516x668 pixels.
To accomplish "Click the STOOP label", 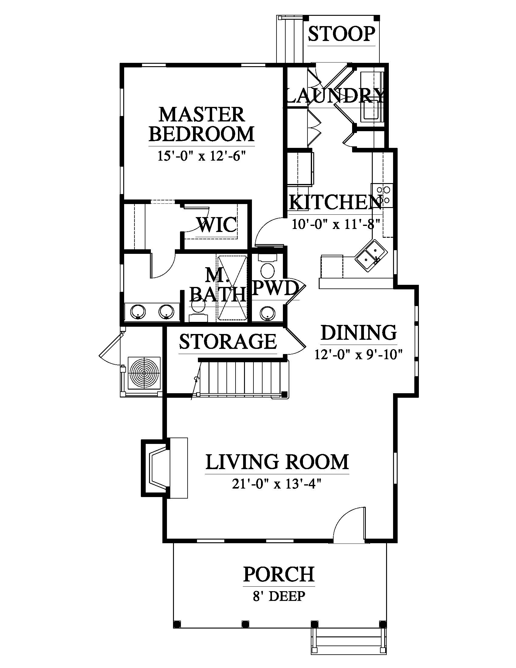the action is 341,34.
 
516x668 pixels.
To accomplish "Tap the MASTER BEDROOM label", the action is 202,124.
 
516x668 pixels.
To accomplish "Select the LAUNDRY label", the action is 335,96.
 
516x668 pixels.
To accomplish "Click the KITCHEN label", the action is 335,202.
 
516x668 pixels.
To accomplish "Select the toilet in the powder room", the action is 268,267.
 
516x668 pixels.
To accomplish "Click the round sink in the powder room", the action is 267,313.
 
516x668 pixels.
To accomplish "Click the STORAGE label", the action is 228,341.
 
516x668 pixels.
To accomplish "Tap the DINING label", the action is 359,332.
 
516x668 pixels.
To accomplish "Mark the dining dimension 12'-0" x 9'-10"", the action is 358,354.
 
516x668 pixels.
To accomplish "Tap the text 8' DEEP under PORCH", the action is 279,596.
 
